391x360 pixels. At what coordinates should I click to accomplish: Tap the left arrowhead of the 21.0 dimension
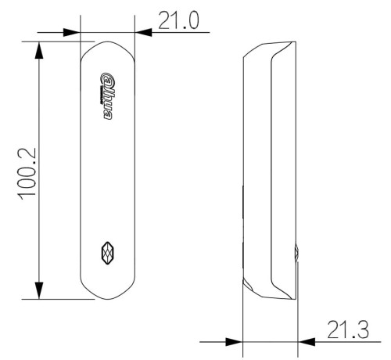coord(72,33)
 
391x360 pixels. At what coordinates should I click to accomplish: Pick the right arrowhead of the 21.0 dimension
coord(144,33)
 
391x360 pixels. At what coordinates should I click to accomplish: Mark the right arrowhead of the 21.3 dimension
coord(307,341)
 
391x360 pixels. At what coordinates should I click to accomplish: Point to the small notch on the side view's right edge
coord(296,252)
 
